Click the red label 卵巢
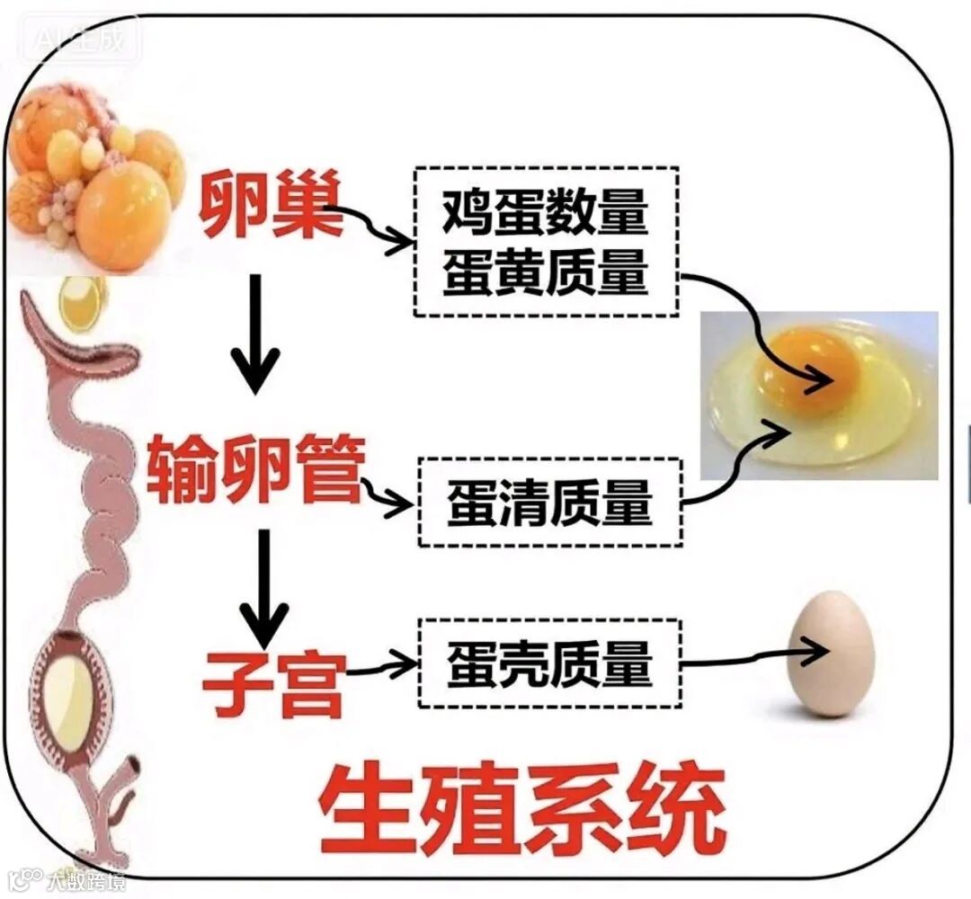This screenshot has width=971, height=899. [271, 205]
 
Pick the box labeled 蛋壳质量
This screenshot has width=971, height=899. [548, 664]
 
